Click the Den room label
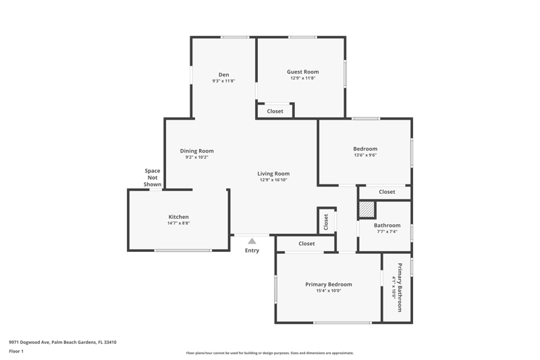[223, 75]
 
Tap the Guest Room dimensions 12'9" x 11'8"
[302, 78]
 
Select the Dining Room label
[196, 151]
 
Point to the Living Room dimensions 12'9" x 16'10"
[273, 180]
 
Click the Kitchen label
[178, 217]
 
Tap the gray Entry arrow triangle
[252, 241]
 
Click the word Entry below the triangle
[252, 251]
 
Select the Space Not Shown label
[153, 178]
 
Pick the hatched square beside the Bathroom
[367, 209]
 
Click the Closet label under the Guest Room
[275, 111]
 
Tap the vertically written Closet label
[326, 222]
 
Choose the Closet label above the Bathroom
[387, 192]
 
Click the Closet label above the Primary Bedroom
[306, 244]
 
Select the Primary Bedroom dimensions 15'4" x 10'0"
[329, 290]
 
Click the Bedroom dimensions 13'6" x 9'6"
[365, 155]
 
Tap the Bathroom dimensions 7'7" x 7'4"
[387, 232]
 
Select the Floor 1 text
[16, 351]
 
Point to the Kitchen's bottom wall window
[182, 251]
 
